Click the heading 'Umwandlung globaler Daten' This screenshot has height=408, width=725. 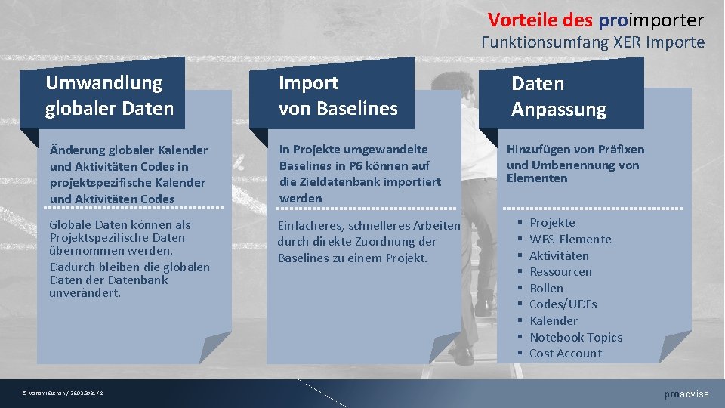click(110, 95)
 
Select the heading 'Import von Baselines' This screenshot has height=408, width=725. click(338, 95)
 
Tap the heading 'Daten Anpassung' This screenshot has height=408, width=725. click(559, 96)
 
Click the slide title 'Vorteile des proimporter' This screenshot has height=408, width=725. click(595, 20)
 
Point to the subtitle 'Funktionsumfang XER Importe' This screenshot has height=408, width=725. click(593, 42)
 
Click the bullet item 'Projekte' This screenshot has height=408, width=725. click(552, 223)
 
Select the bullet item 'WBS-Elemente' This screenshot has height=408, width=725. click(570, 240)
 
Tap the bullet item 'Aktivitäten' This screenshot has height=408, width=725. click(559, 256)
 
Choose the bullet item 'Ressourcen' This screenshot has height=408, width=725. click(560, 272)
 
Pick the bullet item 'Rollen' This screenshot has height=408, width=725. click(546, 289)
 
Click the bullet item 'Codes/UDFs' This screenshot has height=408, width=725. click(563, 304)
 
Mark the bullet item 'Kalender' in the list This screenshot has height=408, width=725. click(554, 321)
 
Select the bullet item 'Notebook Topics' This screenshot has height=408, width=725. click(575, 338)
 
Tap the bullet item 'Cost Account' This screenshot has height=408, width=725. click(566, 354)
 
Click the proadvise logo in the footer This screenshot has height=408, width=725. click(686, 394)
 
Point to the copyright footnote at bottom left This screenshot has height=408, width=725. click(63, 394)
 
